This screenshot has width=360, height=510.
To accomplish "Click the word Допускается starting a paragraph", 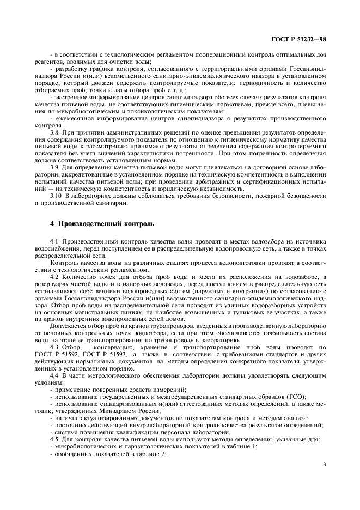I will click(69, 325).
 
